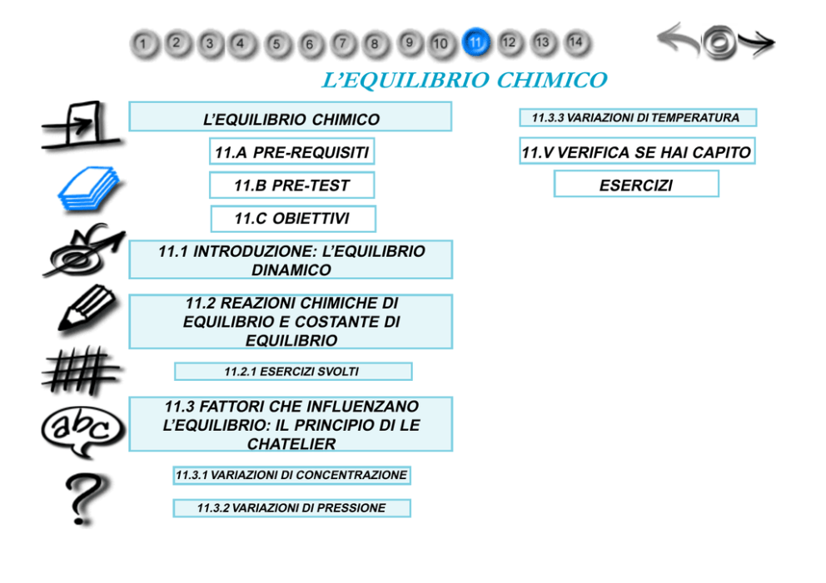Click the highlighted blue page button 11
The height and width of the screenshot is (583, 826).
(x=475, y=42)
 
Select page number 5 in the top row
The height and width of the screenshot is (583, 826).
(x=276, y=44)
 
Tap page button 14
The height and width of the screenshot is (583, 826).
(x=575, y=42)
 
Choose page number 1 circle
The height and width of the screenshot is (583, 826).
(x=143, y=43)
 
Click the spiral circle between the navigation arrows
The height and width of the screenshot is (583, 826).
(x=719, y=42)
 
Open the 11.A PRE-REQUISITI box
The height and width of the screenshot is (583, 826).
(x=291, y=151)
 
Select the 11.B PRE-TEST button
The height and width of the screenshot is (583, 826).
(x=291, y=185)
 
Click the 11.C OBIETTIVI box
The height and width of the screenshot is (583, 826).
(x=293, y=219)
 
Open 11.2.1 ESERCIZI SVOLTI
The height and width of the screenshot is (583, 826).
(x=293, y=372)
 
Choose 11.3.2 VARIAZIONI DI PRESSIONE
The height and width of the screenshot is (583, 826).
(x=291, y=508)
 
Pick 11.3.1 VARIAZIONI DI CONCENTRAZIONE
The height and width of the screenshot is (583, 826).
(x=291, y=475)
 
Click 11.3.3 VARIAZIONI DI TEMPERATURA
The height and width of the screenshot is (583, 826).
(x=638, y=117)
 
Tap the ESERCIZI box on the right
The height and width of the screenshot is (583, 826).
(x=636, y=184)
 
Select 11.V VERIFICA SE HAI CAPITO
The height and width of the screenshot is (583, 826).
(x=638, y=151)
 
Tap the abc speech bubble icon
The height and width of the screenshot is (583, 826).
(x=82, y=432)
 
